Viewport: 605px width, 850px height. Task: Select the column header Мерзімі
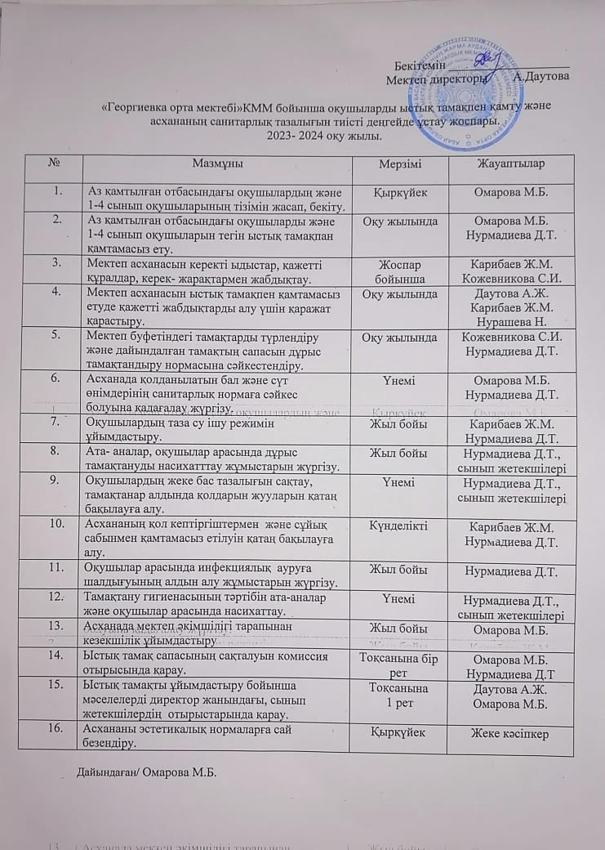(400, 164)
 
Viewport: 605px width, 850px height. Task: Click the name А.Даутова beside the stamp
(541, 77)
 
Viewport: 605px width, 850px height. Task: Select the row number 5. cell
(57, 336)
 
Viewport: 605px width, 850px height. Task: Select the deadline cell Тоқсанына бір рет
(400, 663)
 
